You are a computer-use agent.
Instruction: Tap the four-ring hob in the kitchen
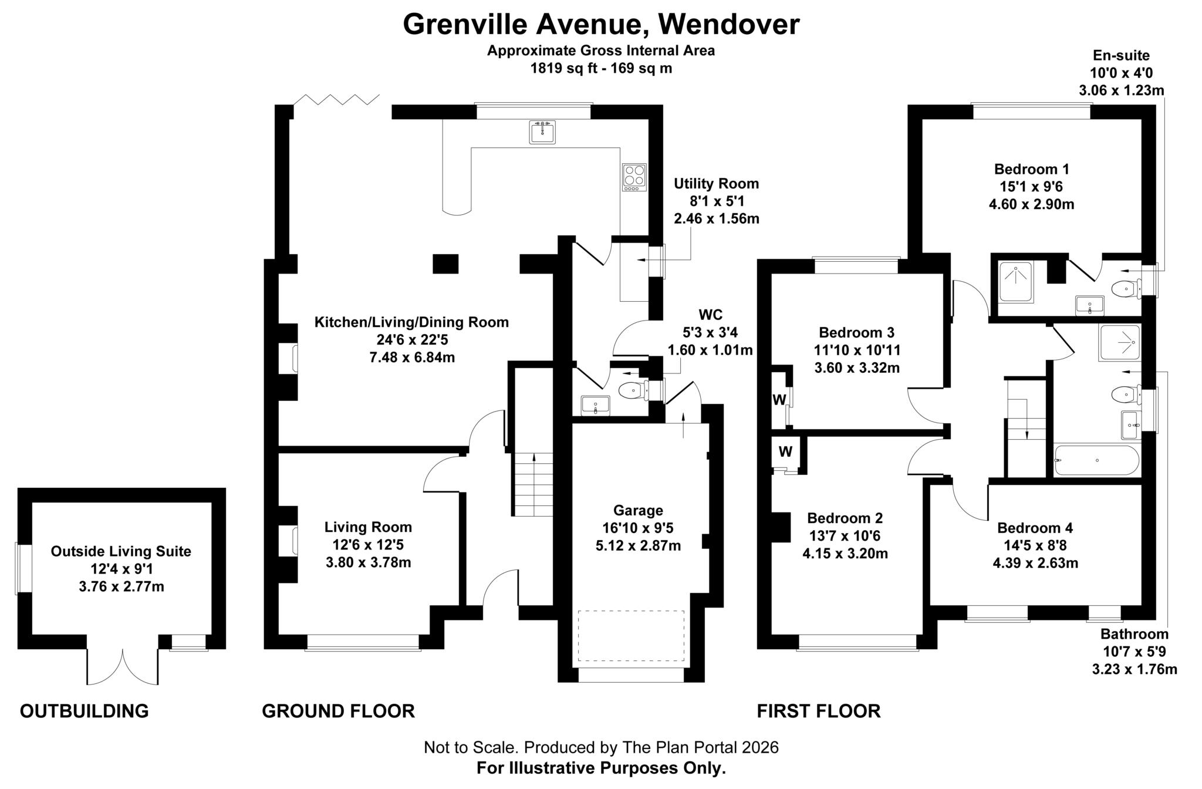click(634, 177)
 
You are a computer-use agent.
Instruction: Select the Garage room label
click(638, 510)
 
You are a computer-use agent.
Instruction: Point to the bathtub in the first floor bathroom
click(1096, 460)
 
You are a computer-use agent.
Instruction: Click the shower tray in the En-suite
click(1015, 282)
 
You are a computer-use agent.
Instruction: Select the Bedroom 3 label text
click(856, 333)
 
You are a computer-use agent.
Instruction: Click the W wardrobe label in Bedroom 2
click(785, 452)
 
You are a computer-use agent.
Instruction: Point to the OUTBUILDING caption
click(84, 711)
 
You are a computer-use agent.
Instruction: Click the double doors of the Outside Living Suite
click(123, 667)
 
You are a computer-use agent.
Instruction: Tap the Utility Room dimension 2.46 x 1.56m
click(716, 219)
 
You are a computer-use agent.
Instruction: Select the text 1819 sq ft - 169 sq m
click(601, 68)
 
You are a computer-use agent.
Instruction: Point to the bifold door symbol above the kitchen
click(337, 99)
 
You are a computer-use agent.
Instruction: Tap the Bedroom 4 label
click(1035, 528)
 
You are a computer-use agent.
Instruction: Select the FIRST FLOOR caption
click(818, 711)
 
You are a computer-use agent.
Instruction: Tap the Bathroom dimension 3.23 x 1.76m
click(1134, 669)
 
